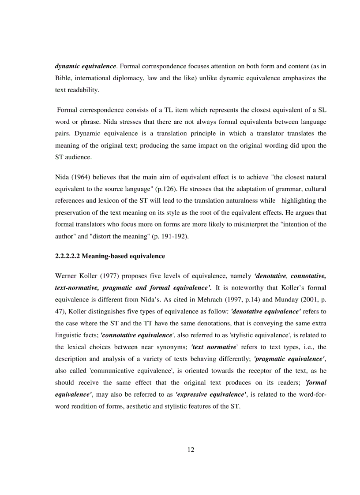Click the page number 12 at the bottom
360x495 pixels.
(x=191, y=449)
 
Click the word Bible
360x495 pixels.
(x=63, y=78)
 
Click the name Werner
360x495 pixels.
(x=66, y=276)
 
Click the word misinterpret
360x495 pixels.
(x=228, y=224)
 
